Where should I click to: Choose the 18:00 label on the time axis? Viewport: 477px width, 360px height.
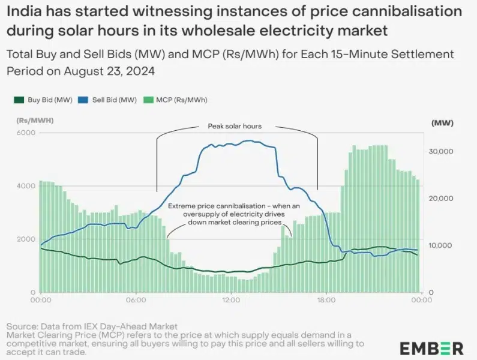pyautogui.click(x=326, y=300)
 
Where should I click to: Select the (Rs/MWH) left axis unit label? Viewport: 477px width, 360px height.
pyautogui.click(x=34, y=121)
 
